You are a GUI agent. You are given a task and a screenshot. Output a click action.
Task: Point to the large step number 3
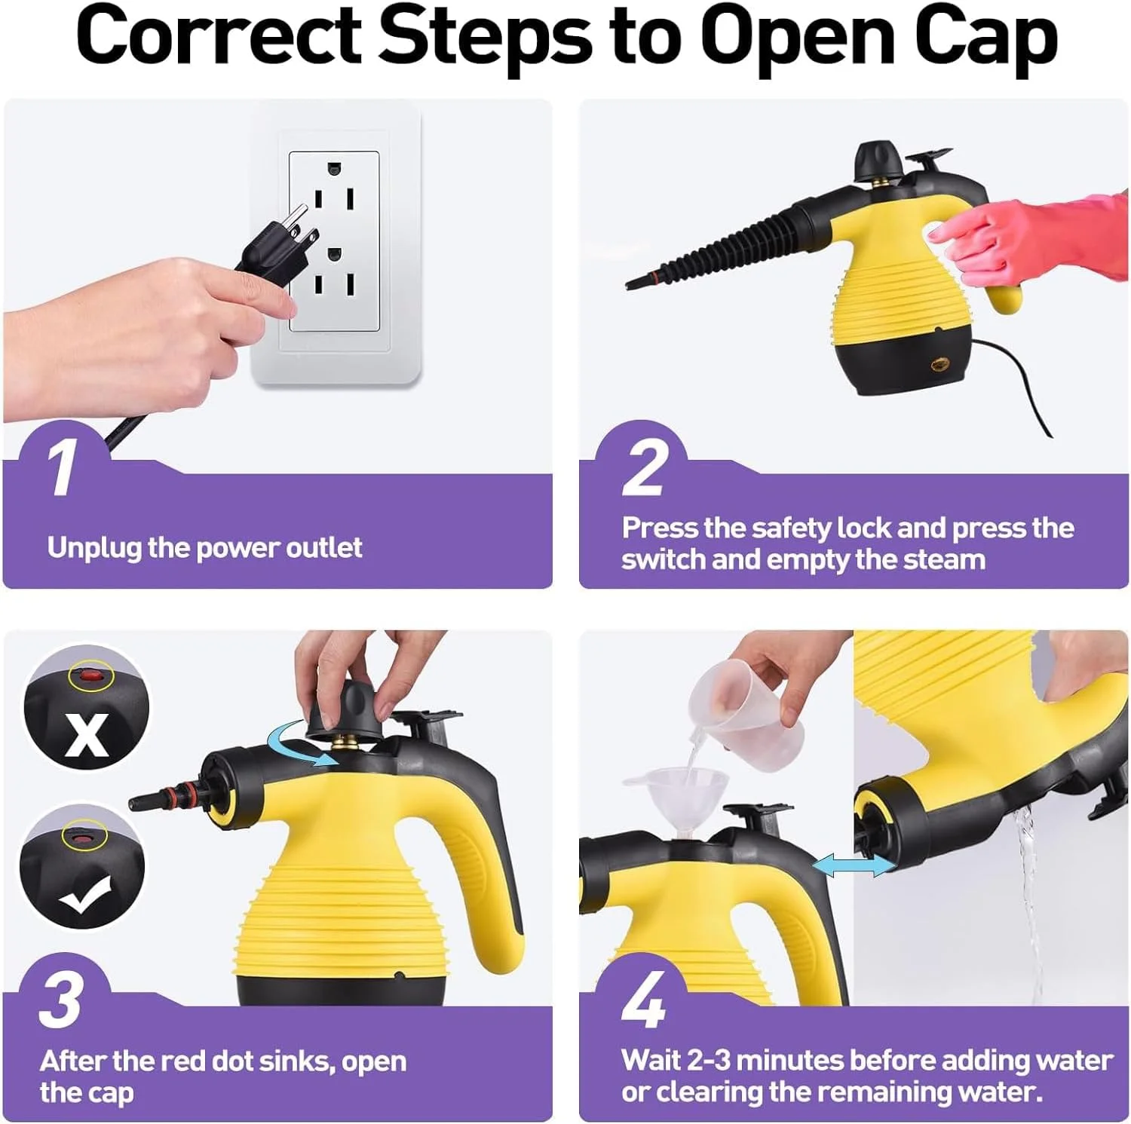tap(60, 1000)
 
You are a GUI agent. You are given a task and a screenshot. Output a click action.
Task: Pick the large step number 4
tap(644, 1000)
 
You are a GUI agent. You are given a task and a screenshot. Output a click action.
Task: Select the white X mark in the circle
tap(86, 734)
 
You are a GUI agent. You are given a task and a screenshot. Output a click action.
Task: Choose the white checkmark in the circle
tap(85, 894)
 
